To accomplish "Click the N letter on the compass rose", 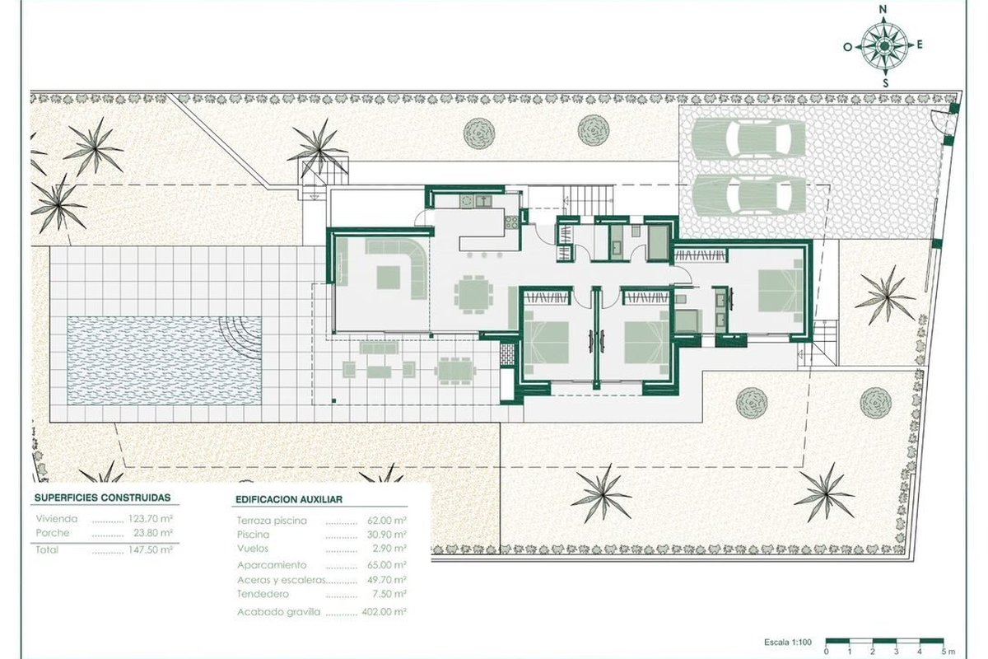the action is (x=883, y=9).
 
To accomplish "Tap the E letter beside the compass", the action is (x=920, y=44).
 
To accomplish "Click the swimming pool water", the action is (x=164, y=361).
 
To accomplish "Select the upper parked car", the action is (x=748, y=138).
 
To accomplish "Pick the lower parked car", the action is (x=748, y=194).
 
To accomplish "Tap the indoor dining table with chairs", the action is (x=473, y=294).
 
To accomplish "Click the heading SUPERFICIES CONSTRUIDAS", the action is (x=102, y=498).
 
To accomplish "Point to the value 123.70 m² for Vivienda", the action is (x=151, y=519).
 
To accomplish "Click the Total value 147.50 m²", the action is (x=151, y=550).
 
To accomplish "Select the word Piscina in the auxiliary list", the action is (x=254, y=535).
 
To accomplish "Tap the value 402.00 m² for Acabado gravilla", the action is (x=384, y=612).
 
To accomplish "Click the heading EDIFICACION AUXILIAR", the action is (x=289, y=499).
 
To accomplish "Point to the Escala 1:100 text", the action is (x=788, y=643).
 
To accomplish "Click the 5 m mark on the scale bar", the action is (x=947, y=652).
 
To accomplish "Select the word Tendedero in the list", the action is (x=263, y=594).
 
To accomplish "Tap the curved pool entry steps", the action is (x=240, y=334).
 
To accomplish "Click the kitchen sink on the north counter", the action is (x=483, y=201).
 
